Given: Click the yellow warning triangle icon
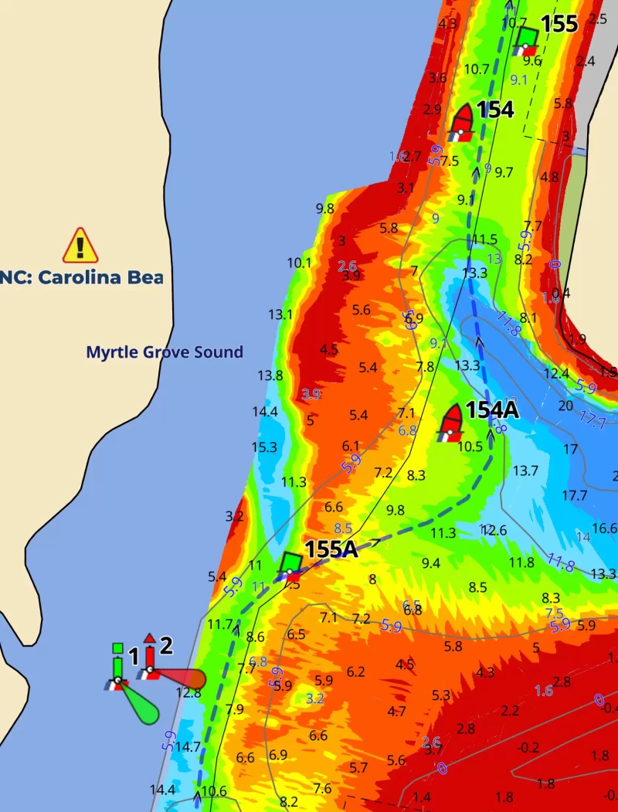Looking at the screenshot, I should pyautogui.click(x=80, y=245).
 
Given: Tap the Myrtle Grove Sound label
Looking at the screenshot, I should pyautogui.click(x=164, y=353).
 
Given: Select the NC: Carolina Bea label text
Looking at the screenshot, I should pyautogui.click(x=82, y=277).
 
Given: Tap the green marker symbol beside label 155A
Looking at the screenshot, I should pyautogui.click(x=290, y=564).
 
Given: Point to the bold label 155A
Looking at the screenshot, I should pyautogui.click(x=331, y=549).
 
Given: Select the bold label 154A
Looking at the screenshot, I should pyautogui.click(x=491, y=411).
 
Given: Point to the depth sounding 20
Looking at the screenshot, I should pyautogui.click(x=565, y=406).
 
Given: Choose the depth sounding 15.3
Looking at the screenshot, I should pyautogui.click(x=264, y=447).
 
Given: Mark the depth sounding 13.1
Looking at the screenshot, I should pyautogui.click(x=280, y=314).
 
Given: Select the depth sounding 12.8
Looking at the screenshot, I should pyautogui.click(x=188, y=693).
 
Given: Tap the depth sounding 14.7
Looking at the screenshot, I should pyautogui.click(x=188, y=747).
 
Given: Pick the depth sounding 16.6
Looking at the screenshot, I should pyautogui.click(x=604, y=528).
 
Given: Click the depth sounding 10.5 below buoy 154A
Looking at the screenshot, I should pyautogui.click(x=470, y=446).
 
